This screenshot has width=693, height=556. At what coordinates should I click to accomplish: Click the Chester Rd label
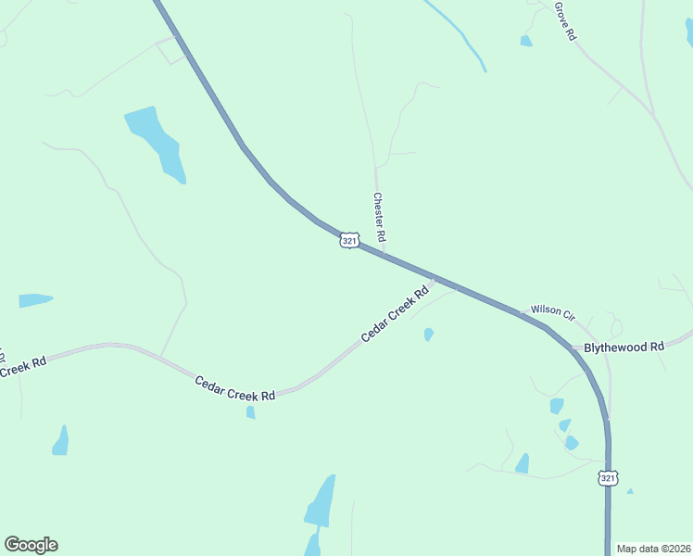point(379,218)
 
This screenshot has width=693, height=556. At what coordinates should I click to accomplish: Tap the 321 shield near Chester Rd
point(348,241)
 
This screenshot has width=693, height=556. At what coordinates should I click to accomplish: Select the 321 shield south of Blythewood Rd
point(608,478)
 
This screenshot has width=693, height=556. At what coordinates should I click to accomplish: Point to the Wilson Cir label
point(552,311)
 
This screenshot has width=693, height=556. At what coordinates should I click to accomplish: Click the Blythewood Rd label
point(624,347)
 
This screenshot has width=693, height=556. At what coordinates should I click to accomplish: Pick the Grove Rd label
point(565,20)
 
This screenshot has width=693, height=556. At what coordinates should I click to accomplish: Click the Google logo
point(31,545)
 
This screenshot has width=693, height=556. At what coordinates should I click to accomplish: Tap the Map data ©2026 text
point(653,549)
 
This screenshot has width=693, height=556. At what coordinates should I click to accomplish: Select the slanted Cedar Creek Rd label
point(396,313)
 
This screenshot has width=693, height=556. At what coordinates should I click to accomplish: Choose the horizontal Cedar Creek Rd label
point(235,388)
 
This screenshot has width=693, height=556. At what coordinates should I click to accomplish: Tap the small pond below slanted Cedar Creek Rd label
point(428,335)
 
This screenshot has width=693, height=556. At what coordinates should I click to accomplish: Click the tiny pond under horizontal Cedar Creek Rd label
point(250,412)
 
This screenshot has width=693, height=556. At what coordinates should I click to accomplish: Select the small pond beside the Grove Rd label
point(526,41)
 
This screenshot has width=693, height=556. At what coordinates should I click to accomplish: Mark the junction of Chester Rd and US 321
point(383,253)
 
